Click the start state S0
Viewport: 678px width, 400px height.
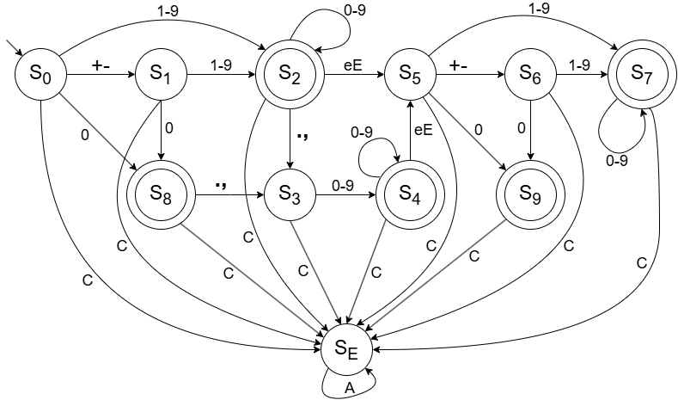coord(40,75)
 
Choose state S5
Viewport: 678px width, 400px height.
coord(409,75)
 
